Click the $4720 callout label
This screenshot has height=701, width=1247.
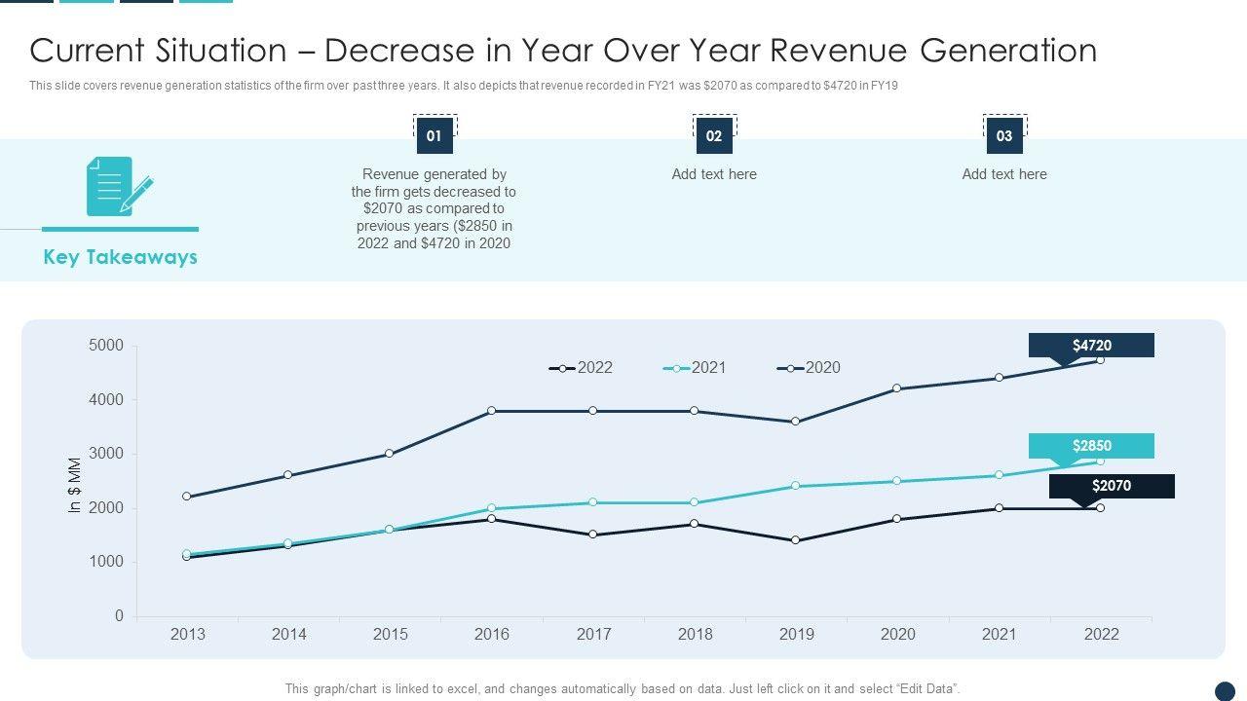[x=1091, y=346]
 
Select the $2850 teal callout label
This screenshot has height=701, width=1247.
[x=1091, y=446]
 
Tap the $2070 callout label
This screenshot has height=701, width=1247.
[x=1112, y=486]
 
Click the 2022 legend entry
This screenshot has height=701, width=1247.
[x=582, y=368]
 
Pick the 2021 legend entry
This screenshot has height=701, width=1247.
[x=696, y=368]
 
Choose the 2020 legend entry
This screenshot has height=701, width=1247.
[x=810, y=368]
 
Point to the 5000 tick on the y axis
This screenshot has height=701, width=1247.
[x=106, y=346]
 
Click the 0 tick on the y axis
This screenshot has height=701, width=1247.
[x=119, y=616]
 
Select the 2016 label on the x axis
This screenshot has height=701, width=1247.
[x=492, y=635]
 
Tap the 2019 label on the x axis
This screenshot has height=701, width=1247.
[x=797, y=635]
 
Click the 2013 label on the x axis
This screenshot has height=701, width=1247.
[x=188, y=635]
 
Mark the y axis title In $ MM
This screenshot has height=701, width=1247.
[x=75, y=485]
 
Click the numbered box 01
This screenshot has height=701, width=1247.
[x=435, y=136]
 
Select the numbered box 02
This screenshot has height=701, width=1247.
[x=714, y=136]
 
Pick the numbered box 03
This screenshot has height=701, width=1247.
[x=1004, y=136]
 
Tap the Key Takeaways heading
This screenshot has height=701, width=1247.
[x=120, y=257]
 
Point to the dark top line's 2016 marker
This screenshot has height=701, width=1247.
[x=492, y=411]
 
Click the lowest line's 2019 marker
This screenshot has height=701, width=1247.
[x=796, y=540]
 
